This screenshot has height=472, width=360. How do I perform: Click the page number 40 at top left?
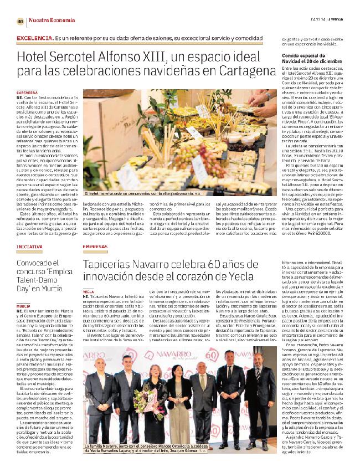click(20, 21)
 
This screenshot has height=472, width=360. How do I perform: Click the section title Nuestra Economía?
click(49, 21)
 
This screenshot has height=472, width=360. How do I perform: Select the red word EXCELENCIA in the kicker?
click(34, 37)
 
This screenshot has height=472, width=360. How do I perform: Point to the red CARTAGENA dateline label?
click(27, 91)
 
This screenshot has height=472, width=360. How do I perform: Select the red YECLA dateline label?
click(89, 290)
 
